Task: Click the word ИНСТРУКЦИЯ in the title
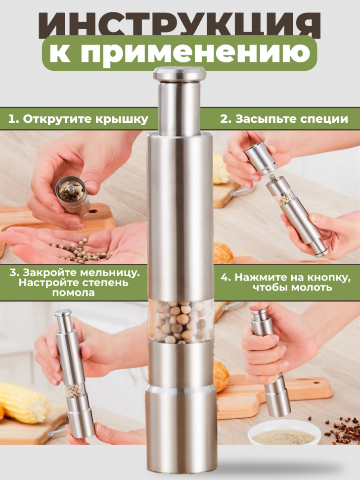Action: (180, 24)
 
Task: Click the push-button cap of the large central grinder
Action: (180, 74)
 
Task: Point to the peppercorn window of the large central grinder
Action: (180, 321)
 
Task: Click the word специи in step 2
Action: (324, 119)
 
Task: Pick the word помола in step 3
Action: (73, 292)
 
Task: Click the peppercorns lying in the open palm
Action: (80, 251)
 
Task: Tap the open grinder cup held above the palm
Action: (72, 194)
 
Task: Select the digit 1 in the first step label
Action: (11, 119)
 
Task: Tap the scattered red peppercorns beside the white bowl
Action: (342, 429)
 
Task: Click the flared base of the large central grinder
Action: (181, 429)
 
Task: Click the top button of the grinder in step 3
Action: (63, 313)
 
